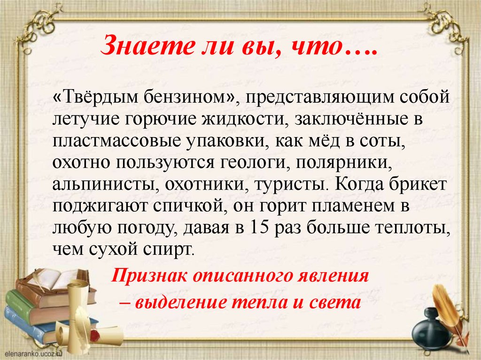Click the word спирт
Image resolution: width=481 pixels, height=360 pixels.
[x=174, y=249]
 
